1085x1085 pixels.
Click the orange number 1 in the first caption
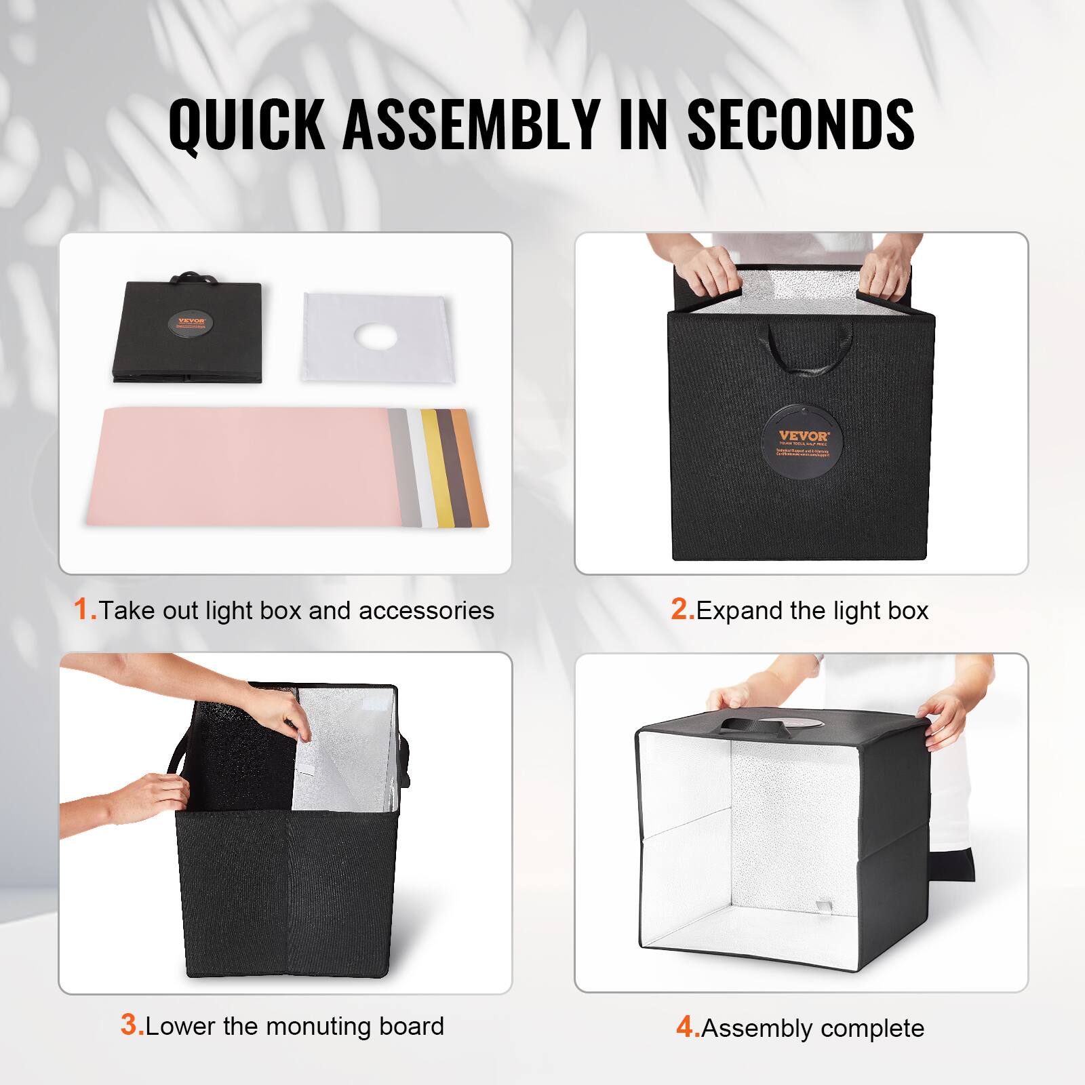(84, 609)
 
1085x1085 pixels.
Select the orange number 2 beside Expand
(682, 609)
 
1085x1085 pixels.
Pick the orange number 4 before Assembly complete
(687, 1027)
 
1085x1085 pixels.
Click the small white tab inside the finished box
(823, 907)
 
